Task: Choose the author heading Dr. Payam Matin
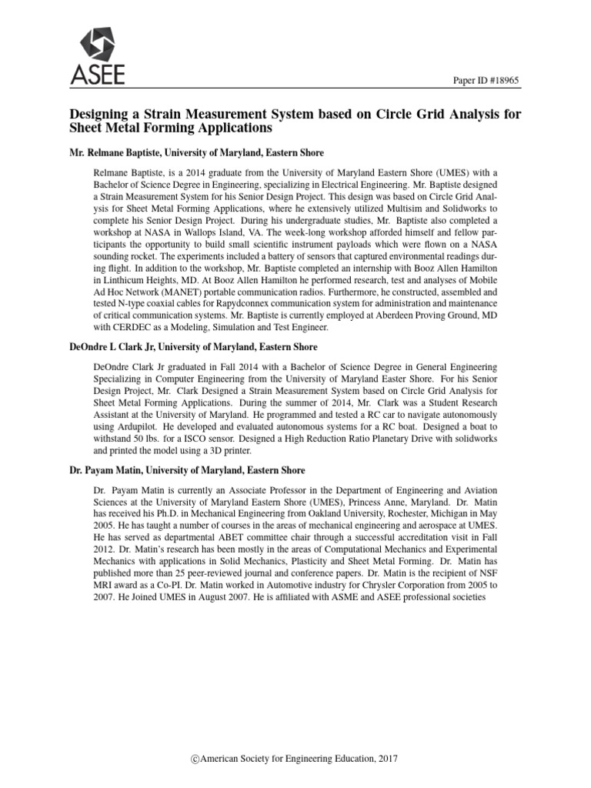[109, 469]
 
